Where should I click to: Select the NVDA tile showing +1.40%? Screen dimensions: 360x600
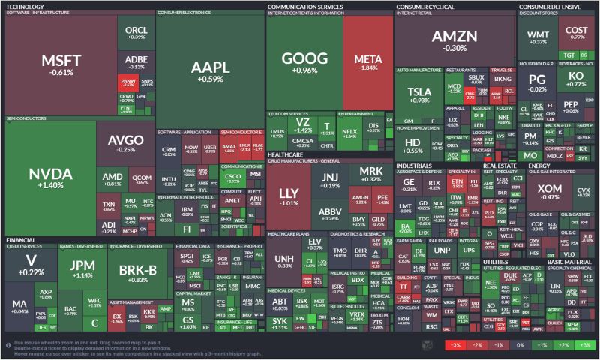(x=50, y=178)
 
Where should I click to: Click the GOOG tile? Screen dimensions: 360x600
(x=304, y=64)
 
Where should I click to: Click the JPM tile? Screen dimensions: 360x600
(x=78, y=268)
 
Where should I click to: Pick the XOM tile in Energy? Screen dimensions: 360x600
(x=550, y=191)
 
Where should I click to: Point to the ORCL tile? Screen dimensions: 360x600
(x=136, y=31)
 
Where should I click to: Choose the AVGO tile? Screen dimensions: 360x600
(x=120, y=142)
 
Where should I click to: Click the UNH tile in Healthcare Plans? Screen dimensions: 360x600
(x=284, y=261)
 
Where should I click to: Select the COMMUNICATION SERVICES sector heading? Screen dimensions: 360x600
(x=305, y=6)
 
